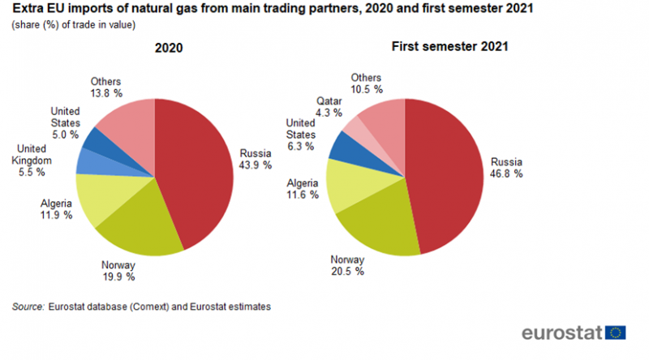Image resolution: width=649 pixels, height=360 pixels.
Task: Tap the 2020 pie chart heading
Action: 169,48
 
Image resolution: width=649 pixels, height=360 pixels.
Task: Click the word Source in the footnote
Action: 28,307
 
